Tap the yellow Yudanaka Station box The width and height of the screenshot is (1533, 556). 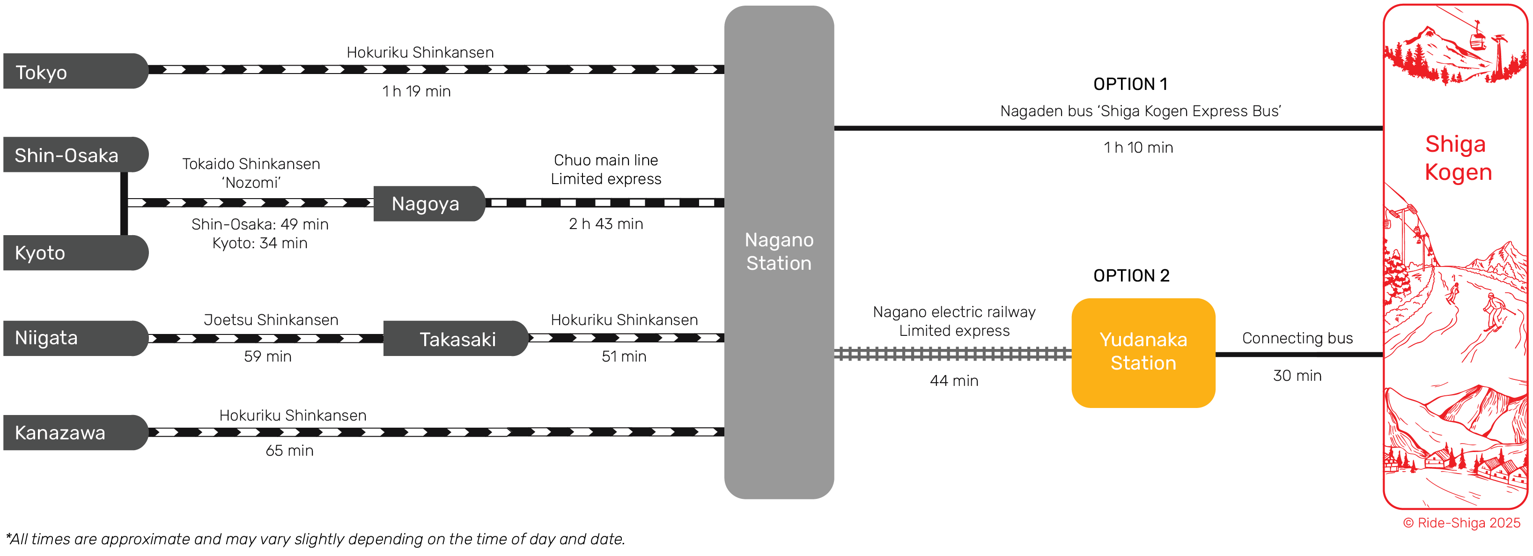pyautogui.click(x=1142, y=352)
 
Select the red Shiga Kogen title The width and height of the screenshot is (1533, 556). pyautogui.click(x=1458, y=158)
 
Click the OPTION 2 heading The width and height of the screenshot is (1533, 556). pyautogui.click(x=1131, y=275)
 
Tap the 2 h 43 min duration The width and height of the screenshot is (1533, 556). pyautogui.click(x=605, y=224)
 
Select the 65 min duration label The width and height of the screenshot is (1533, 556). pyautogui.click(x=289, y=451)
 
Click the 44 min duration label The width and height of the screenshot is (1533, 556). pyautogui.click(x=953, y=381)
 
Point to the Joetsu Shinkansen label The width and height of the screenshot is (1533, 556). pyautogui.click(x=271, y=319)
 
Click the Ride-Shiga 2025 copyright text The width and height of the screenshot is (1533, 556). pyautogui.click(x=1461, y=523)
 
